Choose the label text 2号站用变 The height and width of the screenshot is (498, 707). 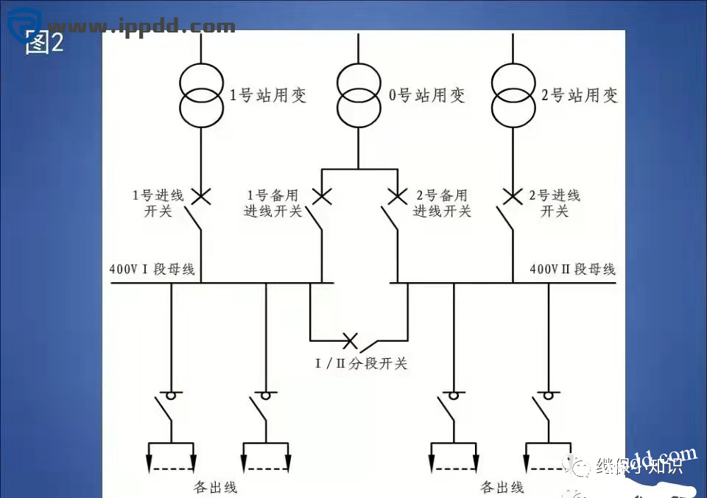tap(580, 95)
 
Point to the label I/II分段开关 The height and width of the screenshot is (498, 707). tap(361, 363)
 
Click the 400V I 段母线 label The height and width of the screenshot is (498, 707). tap(152, 270)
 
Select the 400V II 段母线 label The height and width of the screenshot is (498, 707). tap(572, 270)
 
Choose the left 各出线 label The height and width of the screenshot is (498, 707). tap(215, 487)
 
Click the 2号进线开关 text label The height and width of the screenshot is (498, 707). tap(555, 203)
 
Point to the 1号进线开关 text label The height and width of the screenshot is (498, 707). tap(157, 203)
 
